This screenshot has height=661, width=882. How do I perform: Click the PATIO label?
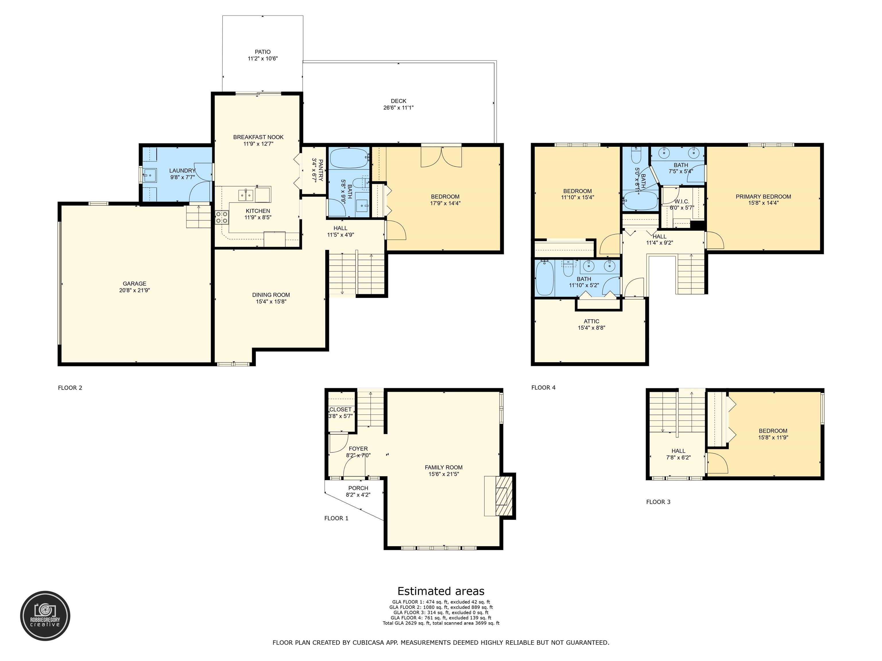pos(262,52)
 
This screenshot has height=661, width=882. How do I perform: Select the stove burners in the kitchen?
pos(222,217)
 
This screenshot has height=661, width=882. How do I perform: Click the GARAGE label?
pos(134,284)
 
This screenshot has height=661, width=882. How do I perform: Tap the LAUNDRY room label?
pos(182,170)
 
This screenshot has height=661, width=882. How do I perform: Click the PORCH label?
pos(358,488)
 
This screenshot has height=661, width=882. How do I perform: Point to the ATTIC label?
pos(591,321)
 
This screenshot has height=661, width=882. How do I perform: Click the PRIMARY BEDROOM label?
pos(763,197)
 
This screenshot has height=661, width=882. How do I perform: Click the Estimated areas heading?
pos(441,591)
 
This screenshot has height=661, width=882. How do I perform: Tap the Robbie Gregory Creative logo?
pos(45,616)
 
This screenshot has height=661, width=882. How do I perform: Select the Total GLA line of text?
pos(441,623)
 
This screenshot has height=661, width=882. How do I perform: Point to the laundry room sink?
pos(150,175)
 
